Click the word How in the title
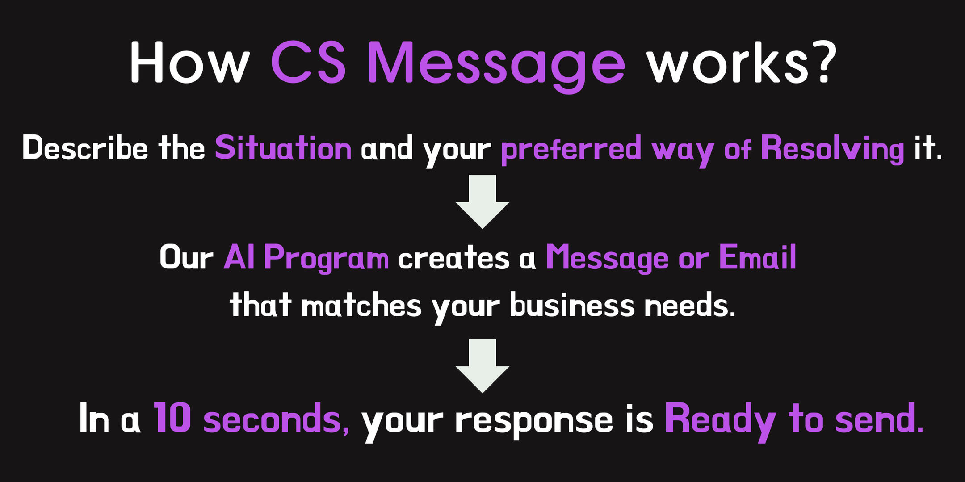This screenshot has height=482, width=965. coord(189,62)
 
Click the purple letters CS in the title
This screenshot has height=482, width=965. coord(308,62)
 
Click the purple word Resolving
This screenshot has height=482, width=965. coord(832,150)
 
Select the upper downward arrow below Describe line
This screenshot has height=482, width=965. coord(482,201)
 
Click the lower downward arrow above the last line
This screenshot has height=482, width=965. coord(482,366)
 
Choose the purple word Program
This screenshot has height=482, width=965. coord(327,258)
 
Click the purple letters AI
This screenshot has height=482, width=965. coord(239,257)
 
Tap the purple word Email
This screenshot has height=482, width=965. coord(757,257)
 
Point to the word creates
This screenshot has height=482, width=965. coord(453,258)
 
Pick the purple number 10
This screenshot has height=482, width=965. coord(173,418)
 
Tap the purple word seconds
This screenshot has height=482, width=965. coord(277,420)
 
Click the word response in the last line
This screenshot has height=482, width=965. coord(534,422)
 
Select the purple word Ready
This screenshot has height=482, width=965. coord(721,421)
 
